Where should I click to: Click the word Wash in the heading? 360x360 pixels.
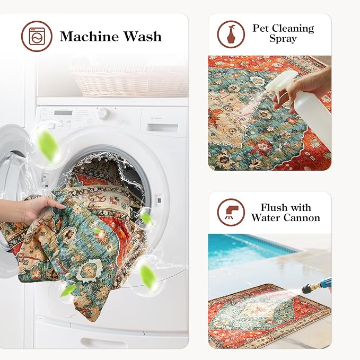point(143,36)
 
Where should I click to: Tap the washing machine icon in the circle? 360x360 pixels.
point(37,36)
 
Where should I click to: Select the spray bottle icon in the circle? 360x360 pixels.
point(231,34)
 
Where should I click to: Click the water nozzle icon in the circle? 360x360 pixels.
point(232,212)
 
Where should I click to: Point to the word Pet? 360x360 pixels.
point(260,28)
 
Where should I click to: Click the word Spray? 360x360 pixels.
point(283,39)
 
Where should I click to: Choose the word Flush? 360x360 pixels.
point(274,207)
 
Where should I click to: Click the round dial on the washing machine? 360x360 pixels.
point(103,113)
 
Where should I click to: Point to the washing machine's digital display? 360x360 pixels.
point(63,113)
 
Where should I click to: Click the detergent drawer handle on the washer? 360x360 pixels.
point(163,127)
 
